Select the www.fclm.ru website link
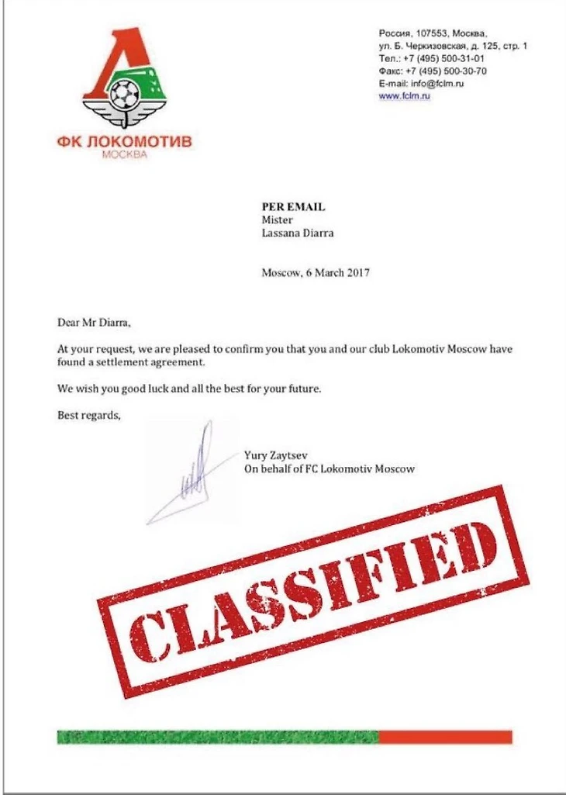[404, 95]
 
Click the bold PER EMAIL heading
[293, 207]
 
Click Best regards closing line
[89, 415]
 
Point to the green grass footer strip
[217, 736]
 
